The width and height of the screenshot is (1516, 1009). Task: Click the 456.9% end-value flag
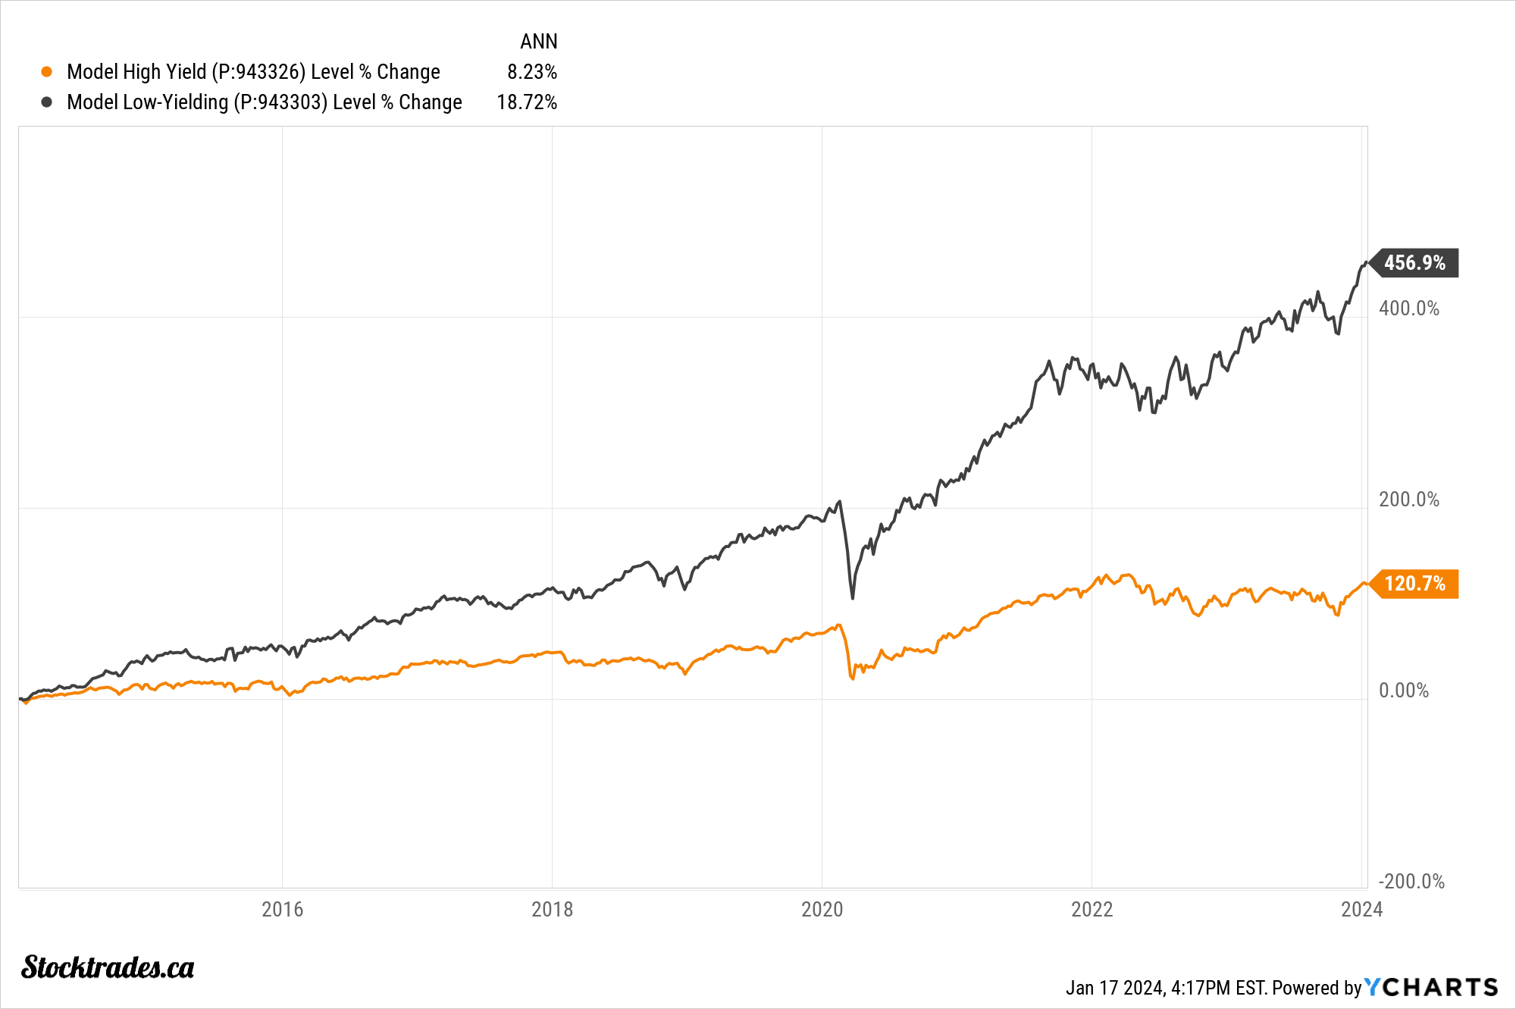pos(1414,263)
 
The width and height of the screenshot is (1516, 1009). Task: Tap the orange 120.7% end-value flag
pos(1414,584)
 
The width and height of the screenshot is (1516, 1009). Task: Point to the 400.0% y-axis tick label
pos(1408,309)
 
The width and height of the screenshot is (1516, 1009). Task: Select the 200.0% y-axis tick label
pos(1408,500)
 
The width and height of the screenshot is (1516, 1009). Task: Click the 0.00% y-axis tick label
pos(1403,691)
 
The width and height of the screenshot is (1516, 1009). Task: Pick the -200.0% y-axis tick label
pos(1411,882)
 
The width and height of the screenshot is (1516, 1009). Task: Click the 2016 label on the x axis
pos(282,910)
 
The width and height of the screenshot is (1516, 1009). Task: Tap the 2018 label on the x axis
pos(552,910)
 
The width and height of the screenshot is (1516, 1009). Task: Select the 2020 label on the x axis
pos(822,910)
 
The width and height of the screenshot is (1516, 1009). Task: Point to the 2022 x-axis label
pos(1092,910)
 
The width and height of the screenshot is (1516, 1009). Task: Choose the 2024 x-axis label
pos(1361,910)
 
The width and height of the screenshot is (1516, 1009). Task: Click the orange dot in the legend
pos(47,72)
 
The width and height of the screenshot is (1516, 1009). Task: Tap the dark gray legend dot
pos(47,102)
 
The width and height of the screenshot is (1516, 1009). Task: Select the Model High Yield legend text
pos(253,72)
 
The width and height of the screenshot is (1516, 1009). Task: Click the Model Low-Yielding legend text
pos(264,102)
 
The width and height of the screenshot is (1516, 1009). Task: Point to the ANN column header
pos(538,42)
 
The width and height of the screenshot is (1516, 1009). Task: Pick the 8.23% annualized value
pos(532,72)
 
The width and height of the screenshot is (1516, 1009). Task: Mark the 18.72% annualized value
pos(527,102)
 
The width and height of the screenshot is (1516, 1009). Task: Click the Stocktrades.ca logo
pos(108,968)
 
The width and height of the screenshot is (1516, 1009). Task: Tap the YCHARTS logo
pos(1431,987)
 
